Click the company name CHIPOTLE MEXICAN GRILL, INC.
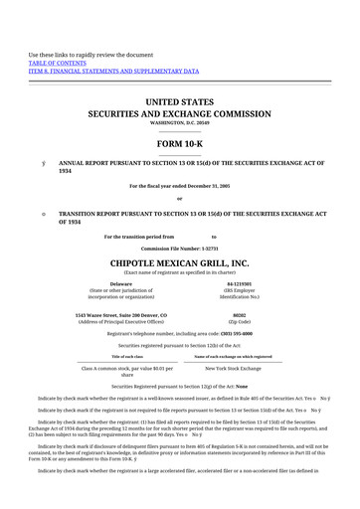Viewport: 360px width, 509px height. tap(180, 262)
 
